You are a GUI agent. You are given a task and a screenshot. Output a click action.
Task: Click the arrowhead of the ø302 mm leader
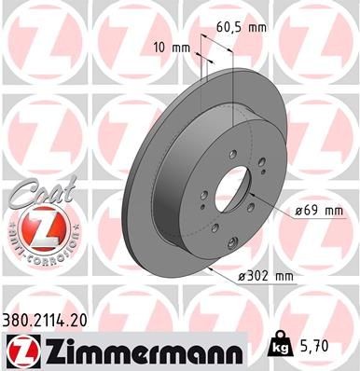click(x=215, y=270)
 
